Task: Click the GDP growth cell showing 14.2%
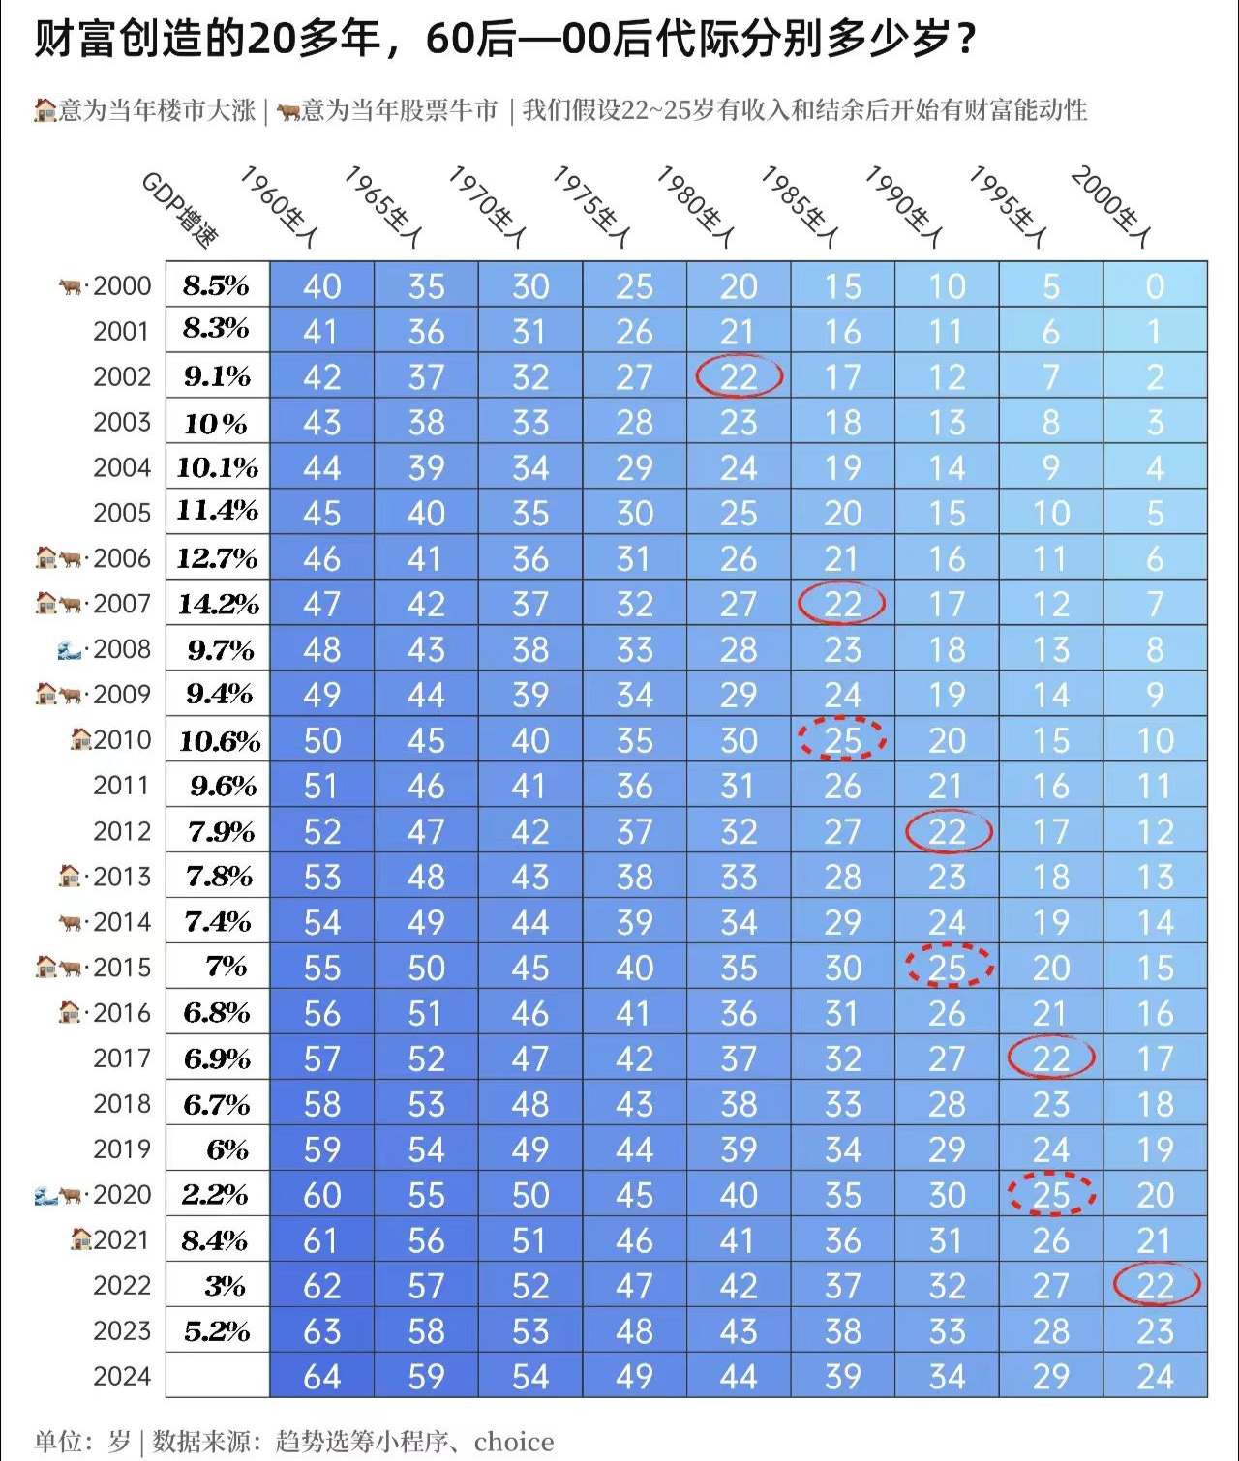[218, 604]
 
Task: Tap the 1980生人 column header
[696, 206]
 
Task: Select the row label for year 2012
[122, 831]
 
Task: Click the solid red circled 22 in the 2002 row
[739, 376]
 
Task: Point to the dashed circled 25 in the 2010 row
[842, 740]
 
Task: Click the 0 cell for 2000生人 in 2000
[1155, 286]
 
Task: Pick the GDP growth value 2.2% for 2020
[216, 1195]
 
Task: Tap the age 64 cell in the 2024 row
[321, 1377]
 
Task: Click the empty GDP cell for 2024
[218, 1376]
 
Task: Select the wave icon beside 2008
[69, 649]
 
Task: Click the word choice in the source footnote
[514, 1442]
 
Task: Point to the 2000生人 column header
[1111, 206]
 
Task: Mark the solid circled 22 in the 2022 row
[1156, 1285]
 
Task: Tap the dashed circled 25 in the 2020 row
[1051, 1195]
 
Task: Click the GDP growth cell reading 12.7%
[218, 558]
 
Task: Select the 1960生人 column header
[279, 206]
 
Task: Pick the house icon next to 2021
[81, 1239]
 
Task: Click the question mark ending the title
[964, 41]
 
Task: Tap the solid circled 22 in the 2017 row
[1051, 1058]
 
